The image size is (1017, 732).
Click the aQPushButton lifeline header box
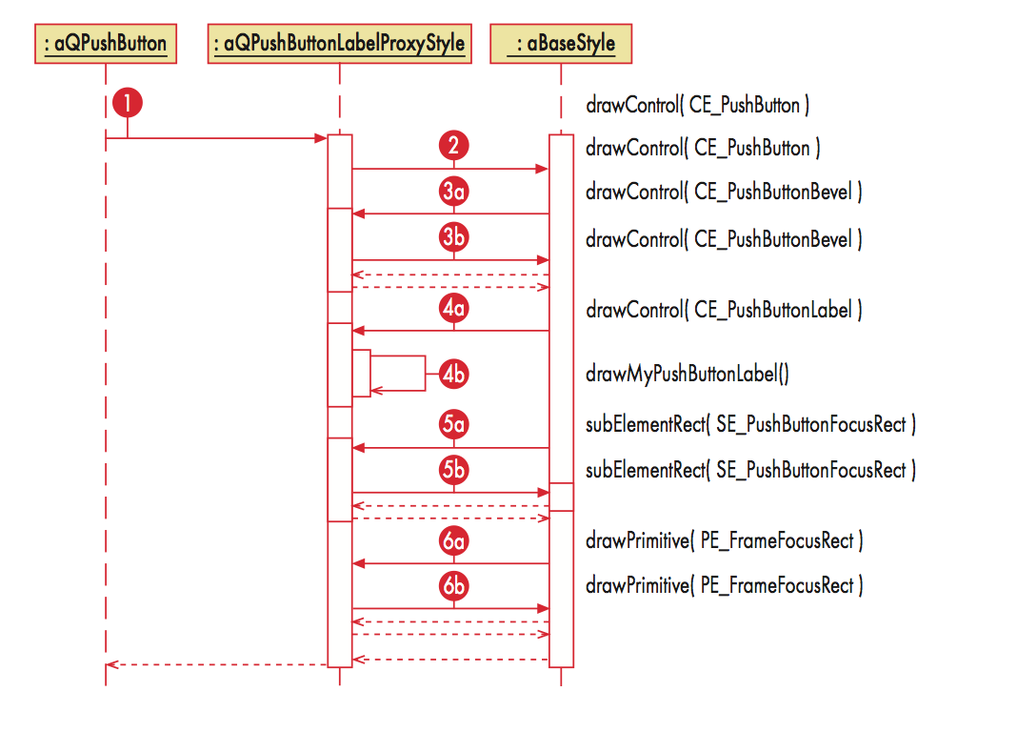coord(105,44)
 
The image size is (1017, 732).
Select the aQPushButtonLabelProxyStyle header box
coord(339,44)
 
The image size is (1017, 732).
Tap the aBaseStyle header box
coord(560,44)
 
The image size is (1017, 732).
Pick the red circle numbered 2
coord(454,146)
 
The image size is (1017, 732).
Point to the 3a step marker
coord(454,192)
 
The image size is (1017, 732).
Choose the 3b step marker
coord(454,237)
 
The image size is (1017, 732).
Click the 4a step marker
coord(454,309)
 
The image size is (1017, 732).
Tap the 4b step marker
coord(454,375)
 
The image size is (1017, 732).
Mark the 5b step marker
coord(454,470)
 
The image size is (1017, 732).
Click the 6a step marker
coord(454,540)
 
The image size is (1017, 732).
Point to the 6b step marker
coord(454,585)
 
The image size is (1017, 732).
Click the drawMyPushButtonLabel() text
coord(687,374)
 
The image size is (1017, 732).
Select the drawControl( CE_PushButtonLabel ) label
coord(724,310)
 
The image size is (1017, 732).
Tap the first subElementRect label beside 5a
coord(750,424)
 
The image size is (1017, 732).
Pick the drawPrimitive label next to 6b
coord(724,585)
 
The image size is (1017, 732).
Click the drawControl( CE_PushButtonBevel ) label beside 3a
coord(724,192)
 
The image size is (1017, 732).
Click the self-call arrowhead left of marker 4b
coord(376,390)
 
